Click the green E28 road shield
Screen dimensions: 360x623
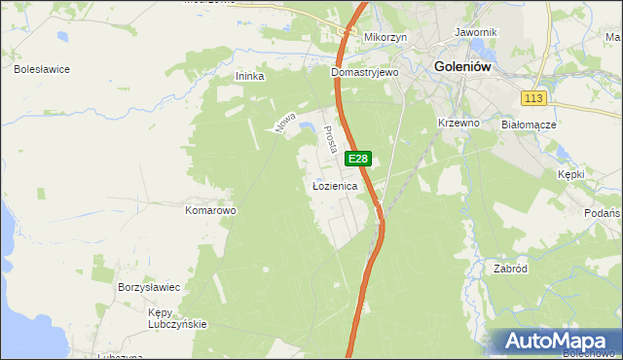tap(358, 159)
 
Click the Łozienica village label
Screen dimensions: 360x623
tap(335, 185)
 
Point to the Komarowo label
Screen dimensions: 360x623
tap(211, 210)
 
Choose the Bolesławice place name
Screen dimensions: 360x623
tap(41, 70)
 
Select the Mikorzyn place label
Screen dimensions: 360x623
tap(385, 37)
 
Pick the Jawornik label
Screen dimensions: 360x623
tap(476, 32)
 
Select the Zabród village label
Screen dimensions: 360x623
tap(510, 269)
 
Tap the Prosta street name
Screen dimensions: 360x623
tap(330, 138)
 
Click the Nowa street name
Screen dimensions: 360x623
tap(284, 121)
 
